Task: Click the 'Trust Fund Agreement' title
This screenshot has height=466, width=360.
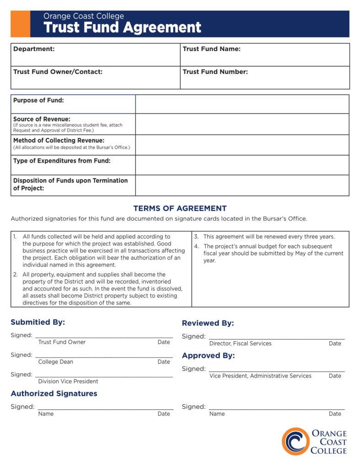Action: point(122,27)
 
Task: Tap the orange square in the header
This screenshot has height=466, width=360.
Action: point(20,24)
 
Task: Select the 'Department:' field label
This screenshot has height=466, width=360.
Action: point(34,49)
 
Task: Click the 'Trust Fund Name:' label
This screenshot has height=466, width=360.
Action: point(212,49)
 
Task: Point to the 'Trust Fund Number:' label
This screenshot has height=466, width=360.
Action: point(215,72)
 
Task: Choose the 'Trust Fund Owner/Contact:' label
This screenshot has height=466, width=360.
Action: point(58,72)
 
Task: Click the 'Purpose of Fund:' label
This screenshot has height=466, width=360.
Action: point(38,101)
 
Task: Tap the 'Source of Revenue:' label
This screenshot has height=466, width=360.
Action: point(42,119)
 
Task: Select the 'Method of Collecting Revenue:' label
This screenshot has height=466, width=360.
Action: point(58,140)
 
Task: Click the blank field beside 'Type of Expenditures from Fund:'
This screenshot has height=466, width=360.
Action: point(242,165)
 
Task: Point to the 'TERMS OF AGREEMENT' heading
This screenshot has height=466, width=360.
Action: point(180,208)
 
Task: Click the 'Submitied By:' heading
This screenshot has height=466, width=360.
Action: point(38,322)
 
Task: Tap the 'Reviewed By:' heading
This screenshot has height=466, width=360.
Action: point(208,323)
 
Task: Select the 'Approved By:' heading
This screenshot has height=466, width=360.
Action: point(208,355)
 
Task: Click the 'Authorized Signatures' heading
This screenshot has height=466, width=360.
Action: point(54,393)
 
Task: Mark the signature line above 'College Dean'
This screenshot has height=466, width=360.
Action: point(104,356)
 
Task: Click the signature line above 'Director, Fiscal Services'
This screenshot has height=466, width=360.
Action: point(276,338)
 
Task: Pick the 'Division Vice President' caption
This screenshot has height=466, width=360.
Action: point(68,381)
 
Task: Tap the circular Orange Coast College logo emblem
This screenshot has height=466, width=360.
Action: point(295,441)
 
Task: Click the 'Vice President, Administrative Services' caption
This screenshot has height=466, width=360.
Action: point(260,376)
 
